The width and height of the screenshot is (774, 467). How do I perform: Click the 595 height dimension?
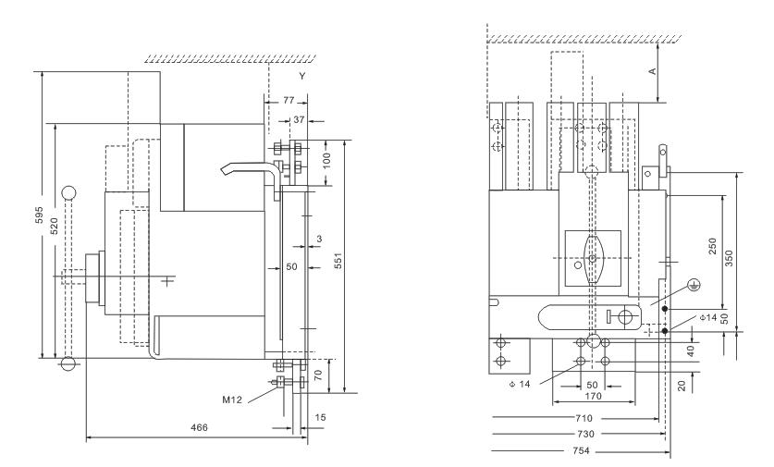coord(36,215)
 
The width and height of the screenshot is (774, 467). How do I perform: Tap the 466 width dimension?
coord(199,427)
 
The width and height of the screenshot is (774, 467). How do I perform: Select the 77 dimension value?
coord(289,98)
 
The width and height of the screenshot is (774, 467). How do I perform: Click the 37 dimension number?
coord(298,119)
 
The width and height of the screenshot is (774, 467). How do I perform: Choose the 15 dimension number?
coord(318,418)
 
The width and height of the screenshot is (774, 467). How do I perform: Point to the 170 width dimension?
coord(594,396)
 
